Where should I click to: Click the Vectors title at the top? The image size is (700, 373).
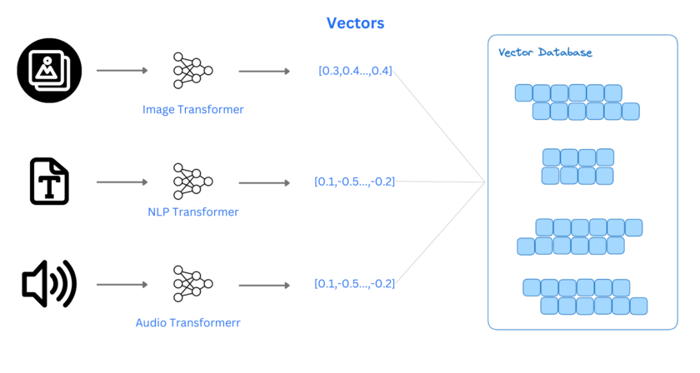coord(355,23)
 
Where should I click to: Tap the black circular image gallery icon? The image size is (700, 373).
coord(49,71)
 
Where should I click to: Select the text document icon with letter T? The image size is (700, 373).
coord(49,181)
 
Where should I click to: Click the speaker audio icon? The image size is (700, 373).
coord(49,284)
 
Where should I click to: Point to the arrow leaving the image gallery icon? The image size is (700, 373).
coord(122,71)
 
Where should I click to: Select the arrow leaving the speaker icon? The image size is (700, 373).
coord(122,285)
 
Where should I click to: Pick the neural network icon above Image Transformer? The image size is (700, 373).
coord(192,71)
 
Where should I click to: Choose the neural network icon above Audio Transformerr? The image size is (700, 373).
coord(192,285)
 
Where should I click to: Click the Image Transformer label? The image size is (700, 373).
coord(192,109)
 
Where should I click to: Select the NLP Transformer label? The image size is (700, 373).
coord(192,212)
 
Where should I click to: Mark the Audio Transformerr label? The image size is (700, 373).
coord(192,321)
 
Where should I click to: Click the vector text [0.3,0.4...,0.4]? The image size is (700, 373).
coord(355,71)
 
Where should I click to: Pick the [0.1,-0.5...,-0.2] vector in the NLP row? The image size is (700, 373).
coord(354,182)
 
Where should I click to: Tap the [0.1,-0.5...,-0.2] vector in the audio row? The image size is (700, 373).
coord(354,284)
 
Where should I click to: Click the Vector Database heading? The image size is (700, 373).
coord(545,52)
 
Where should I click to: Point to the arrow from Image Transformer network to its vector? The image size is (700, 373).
coord(264,71)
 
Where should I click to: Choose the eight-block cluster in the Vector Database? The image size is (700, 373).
coord(577,166)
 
